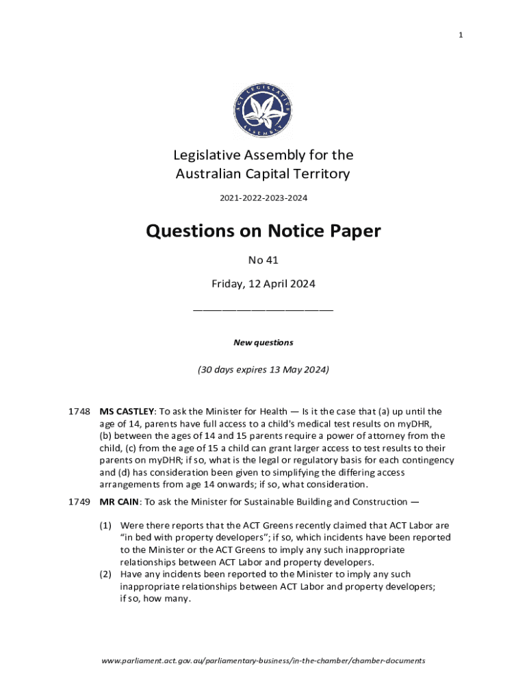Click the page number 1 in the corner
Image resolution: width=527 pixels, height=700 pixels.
click(x=461, y=36)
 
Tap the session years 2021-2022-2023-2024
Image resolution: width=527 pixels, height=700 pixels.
click(x=263, y=198)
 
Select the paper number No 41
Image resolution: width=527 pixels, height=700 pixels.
click(x=263, y=260)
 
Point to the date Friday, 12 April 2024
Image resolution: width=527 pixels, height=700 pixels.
click(x=263, y=284)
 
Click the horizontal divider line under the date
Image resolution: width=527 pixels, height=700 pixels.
click(x=263, y=310)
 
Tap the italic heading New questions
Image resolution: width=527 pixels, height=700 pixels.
click(x=263, y=342)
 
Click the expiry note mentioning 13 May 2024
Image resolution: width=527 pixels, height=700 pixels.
click(x=263, y=370)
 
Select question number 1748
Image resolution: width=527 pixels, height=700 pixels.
click(x=79, y=412)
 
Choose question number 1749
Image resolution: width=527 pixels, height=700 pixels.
click(x=79, y=502)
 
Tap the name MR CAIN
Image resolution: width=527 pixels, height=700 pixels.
click(x=120, y=502)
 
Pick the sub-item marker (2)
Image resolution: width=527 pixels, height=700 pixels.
click(x=105, y=574)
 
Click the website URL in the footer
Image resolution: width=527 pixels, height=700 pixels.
click(x=263, y=661)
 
